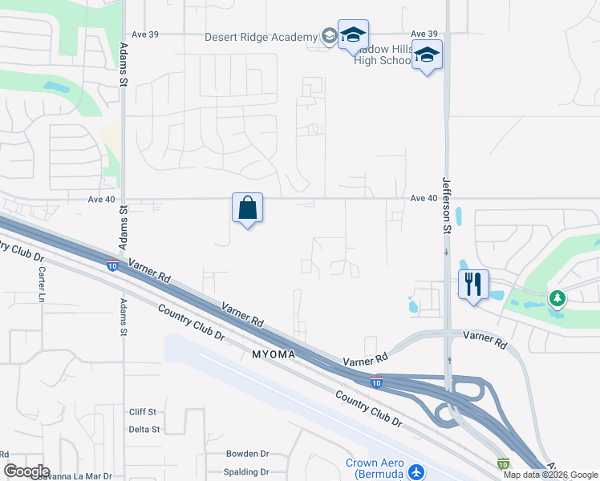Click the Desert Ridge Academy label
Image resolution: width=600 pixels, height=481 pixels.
coord(261,37)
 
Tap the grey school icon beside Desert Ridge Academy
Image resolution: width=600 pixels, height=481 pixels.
coord(329,36)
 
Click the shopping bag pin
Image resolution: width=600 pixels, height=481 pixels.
coord(248,208)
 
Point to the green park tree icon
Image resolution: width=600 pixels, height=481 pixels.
coord(557,298)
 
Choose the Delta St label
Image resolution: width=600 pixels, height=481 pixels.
coord(145,430)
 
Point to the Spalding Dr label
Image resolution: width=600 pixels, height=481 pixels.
coord(248,473)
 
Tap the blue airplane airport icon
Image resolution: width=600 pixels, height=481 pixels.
coord(416,471)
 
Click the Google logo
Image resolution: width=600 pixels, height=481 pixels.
coord(26,471)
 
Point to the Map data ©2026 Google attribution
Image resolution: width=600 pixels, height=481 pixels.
coord(550,475)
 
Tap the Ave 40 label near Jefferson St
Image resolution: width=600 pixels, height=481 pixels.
coord(423,198)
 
